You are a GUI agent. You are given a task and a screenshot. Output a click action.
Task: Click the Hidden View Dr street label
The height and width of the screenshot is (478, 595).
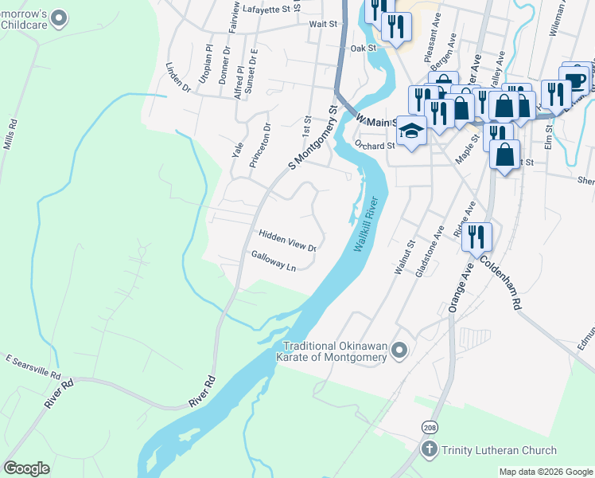287,241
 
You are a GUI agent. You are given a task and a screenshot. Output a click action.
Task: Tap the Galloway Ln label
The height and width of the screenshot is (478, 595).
274,261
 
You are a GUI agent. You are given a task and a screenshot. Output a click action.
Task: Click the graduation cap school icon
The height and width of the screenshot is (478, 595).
411,129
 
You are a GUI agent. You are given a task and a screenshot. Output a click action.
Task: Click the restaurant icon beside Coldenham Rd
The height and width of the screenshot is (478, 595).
476,237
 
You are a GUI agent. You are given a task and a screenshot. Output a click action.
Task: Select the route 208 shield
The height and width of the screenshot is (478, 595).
429,428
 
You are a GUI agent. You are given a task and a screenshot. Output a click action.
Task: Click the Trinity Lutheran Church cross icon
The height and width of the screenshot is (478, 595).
430,450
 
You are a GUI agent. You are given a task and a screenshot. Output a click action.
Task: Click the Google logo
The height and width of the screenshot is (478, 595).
26,468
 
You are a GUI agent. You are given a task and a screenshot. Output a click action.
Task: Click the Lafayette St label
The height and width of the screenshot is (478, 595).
268,9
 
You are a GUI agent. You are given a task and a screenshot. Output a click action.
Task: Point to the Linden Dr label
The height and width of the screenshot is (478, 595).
178,77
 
